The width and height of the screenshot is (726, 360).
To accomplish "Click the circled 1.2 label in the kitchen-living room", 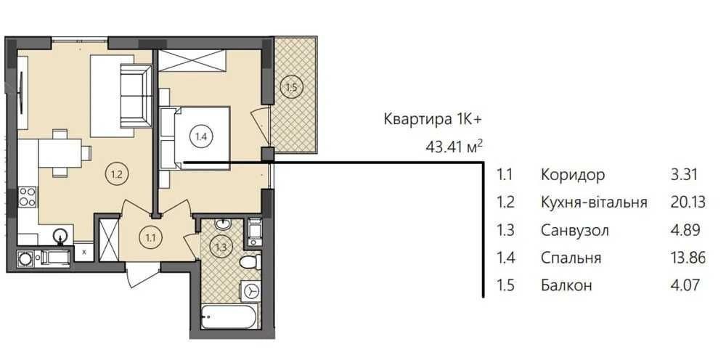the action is click(x=117, y=176).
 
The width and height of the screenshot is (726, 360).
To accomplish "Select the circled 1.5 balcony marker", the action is click(x=291, y=87).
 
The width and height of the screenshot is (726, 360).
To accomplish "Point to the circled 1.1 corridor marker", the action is click(x=150, y=239).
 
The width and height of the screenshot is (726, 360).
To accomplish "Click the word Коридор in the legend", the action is click(x=573, y=175).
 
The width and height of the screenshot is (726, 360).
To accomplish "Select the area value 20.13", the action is click(x=688, y=202).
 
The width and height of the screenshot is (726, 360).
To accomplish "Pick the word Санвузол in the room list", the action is click(x=574, y=230).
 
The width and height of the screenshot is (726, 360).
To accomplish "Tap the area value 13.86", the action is click(x=688, y=257).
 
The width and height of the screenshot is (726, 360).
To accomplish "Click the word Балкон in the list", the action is click(x=566, y=285).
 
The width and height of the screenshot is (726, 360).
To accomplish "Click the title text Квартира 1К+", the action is click(x=433, y=119).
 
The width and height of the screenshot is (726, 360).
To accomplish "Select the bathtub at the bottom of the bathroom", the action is click(x=229, y=316).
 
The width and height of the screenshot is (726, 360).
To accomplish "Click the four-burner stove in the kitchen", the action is click(x=28, y=196).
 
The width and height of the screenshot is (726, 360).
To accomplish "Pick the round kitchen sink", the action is click(x=60, y=236).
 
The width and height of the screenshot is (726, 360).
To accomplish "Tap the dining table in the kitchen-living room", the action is click(x=60, y=153).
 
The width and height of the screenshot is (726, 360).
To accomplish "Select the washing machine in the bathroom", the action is click(x=252, y=292).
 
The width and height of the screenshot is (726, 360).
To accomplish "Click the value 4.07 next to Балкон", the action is click(x=683, y=285).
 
